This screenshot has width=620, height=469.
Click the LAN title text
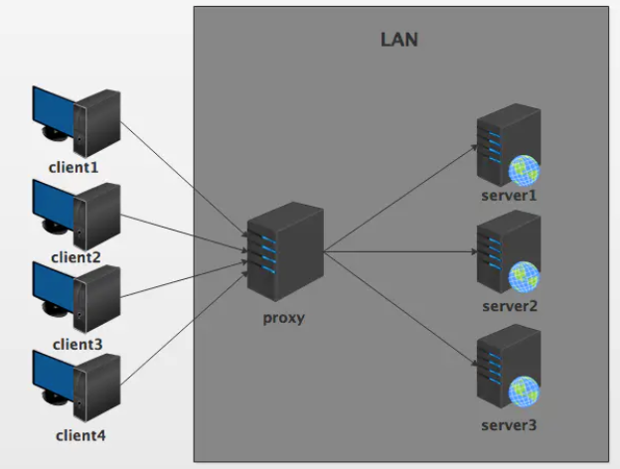399,41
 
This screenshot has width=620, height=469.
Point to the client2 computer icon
77,211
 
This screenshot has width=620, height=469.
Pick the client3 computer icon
77,296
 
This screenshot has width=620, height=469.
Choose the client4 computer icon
77,385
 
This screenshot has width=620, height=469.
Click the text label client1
74,166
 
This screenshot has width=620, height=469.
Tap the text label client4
78,434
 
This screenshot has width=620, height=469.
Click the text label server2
510,306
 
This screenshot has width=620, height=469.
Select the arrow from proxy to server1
397,199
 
